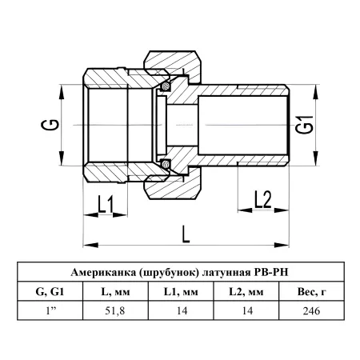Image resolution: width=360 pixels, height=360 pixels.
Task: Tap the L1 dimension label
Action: [x=106, y=204]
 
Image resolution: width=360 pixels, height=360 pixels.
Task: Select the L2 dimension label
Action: [x=262, y=199]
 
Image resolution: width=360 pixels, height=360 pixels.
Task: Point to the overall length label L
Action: [x=186, y=234]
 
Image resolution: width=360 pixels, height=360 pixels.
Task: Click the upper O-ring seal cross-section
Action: [x=166, y=86]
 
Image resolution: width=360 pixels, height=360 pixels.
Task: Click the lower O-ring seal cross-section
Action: [x=166, y=164]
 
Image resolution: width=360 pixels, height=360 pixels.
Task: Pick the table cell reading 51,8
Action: [x=115, y=310]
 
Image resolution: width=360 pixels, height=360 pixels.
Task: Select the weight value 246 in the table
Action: [x=311, y=310]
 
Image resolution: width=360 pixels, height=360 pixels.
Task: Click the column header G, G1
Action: [x=50, y=292]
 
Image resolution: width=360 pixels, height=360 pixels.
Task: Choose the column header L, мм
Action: [x=115, y=292]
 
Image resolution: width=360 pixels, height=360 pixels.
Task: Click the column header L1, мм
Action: [x=181, y=292]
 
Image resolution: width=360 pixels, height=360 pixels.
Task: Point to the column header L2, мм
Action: [x=246, y=292]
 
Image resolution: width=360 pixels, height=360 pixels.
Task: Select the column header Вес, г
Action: [x=311, y=292]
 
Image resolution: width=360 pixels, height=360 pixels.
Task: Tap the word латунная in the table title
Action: [x=226, y=273]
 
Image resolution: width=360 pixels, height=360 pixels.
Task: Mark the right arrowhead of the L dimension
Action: [x=282, y=245]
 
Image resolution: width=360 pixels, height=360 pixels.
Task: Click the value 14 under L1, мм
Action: [x=182, y=310]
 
